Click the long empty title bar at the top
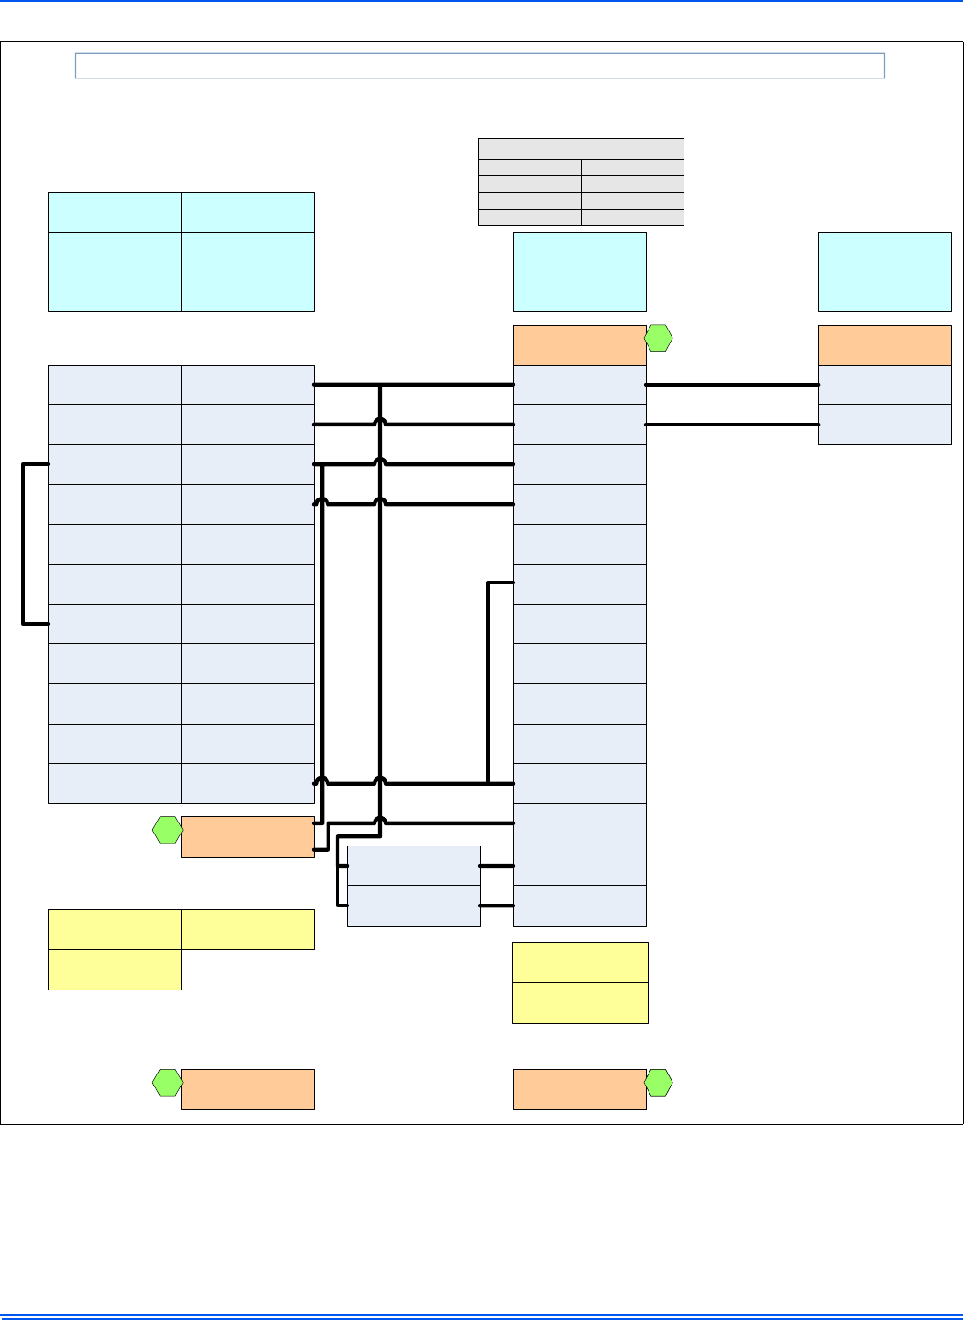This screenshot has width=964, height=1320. point(479,66)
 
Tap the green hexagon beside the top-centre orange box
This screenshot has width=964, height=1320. point(658,339)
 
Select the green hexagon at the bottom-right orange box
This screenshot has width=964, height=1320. point(658,1083)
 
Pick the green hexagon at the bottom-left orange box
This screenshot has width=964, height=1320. point(167,1083)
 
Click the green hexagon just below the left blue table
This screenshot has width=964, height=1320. point(167,830)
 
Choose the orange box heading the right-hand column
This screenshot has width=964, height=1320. point(884,345)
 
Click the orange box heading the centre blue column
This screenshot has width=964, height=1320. point(578,345)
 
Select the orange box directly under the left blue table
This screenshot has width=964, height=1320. point(247,836)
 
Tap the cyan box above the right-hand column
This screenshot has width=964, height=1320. point(884,271)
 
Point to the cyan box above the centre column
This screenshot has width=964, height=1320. point(578,271)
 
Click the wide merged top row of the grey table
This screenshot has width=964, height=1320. point(580,149)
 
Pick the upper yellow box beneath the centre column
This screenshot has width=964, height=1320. point(579,963)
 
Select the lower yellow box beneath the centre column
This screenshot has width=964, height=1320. point(579,1002)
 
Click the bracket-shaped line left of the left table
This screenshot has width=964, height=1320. point(24,545)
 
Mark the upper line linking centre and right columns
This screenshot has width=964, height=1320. point(732,385)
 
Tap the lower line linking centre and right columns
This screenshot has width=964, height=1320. point(732,425)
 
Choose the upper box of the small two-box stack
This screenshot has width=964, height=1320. point(413,866)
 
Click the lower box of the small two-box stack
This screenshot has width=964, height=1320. point(413,906)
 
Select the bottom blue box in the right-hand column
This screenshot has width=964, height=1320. point(884,425)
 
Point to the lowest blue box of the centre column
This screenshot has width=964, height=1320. point(578,906)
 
